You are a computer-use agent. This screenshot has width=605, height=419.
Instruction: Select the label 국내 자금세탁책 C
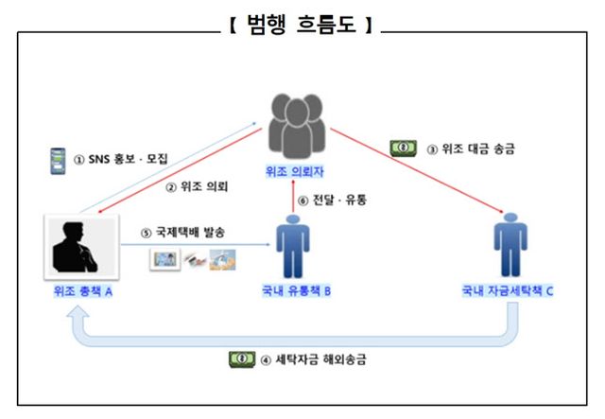(x=508, y=292)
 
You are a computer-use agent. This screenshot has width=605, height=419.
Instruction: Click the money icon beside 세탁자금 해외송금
(x=242, y=358)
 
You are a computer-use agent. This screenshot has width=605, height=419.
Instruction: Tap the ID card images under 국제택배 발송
(x=193, y=258)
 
